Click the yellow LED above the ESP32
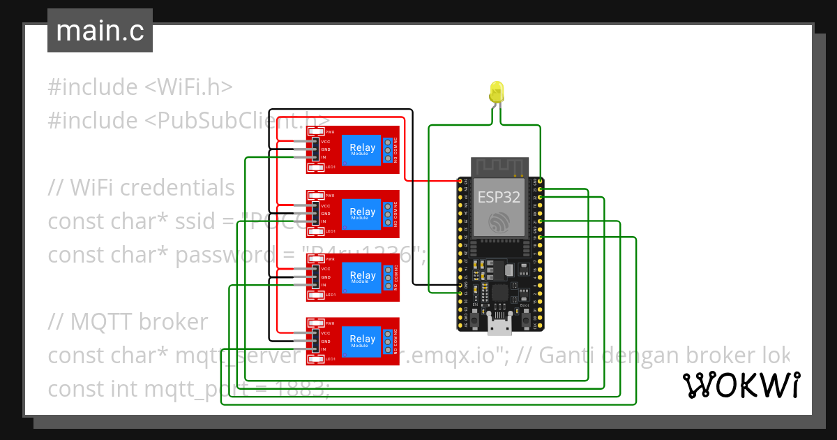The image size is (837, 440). [497, 92]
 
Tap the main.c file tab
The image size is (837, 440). [100, 31]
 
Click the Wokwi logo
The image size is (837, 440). [741, 385]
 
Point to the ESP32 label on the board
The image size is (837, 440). [498, 197]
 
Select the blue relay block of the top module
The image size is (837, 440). [362, 149]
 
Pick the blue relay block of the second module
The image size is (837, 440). [362, 214]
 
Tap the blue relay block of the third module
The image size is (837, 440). [362, 277]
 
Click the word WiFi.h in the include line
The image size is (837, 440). [188, 87]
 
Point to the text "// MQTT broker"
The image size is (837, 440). [128, 322]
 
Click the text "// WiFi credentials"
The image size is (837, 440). [141, 188]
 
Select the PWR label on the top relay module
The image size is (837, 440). [329, 132]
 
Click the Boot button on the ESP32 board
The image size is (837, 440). [525, 318]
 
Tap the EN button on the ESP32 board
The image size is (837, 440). [474, 318]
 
